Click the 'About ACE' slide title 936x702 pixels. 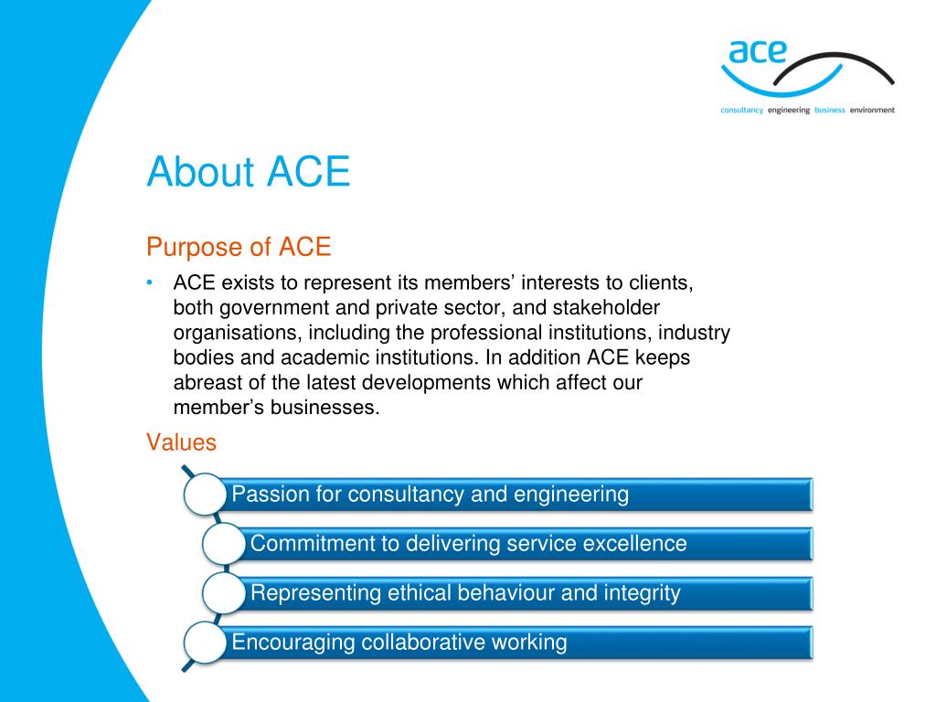coord(249,172)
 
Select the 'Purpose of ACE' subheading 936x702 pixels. coord(239,247)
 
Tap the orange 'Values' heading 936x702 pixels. coord(182,442)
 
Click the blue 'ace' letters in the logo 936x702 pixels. coord(758,52)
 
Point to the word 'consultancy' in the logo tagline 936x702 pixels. coord(741,110)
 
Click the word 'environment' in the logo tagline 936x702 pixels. coord(872,110)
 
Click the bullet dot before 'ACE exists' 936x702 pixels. coord(150,282)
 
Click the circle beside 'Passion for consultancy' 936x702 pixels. coord(205,495)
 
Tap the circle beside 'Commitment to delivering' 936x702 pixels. coord(224,544)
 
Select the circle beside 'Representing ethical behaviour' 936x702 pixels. coord(224,593)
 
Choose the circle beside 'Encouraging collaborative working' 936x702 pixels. coord(205,643)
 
